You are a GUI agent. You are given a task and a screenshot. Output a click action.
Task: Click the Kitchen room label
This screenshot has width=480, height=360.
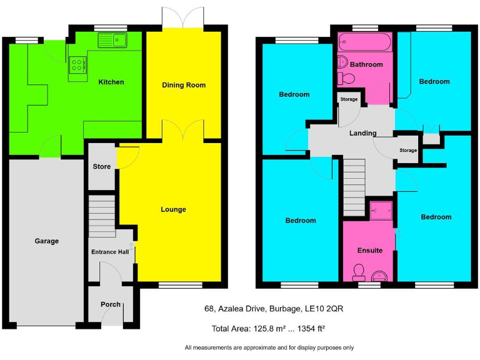[x=111, y=82]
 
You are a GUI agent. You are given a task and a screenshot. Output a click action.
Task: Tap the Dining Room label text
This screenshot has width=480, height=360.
[x=184, y=85]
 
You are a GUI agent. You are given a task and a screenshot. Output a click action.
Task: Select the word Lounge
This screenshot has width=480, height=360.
[x=173, y=209]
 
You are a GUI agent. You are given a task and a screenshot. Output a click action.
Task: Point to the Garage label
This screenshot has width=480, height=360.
[x=46, y=241]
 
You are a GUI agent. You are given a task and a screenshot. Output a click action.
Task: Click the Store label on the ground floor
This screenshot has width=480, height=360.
[x=101, y=167]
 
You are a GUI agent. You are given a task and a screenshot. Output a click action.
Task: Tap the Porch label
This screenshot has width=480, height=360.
[x=111, y=304]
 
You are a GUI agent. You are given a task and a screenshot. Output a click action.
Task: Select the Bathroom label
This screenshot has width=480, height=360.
[x=366, y=64]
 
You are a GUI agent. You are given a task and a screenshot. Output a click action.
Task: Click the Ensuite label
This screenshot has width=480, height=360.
[x=370, y=250]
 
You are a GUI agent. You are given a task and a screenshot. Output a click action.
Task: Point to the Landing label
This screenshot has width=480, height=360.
[x=362, y=133]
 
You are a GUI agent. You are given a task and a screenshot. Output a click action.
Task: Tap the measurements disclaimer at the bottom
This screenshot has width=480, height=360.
[x=269, y=347]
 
